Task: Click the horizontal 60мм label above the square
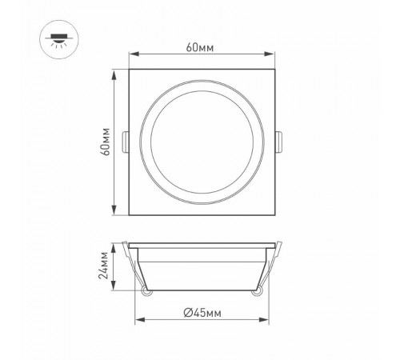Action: click(x=200, y=47)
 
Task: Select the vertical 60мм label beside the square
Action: click(x=106, y=142)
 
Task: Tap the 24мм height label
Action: click(x=106, y=266)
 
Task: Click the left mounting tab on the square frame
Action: click(x=126, y=142)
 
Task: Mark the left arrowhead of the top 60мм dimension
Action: click(x=134, y=55)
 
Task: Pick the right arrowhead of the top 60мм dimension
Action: click(x=270, y=55)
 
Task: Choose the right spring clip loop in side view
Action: click(x=256, y=293)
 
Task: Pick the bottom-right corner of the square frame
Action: click(x=272, y=214)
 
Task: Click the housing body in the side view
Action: click(x=201, y=268)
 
